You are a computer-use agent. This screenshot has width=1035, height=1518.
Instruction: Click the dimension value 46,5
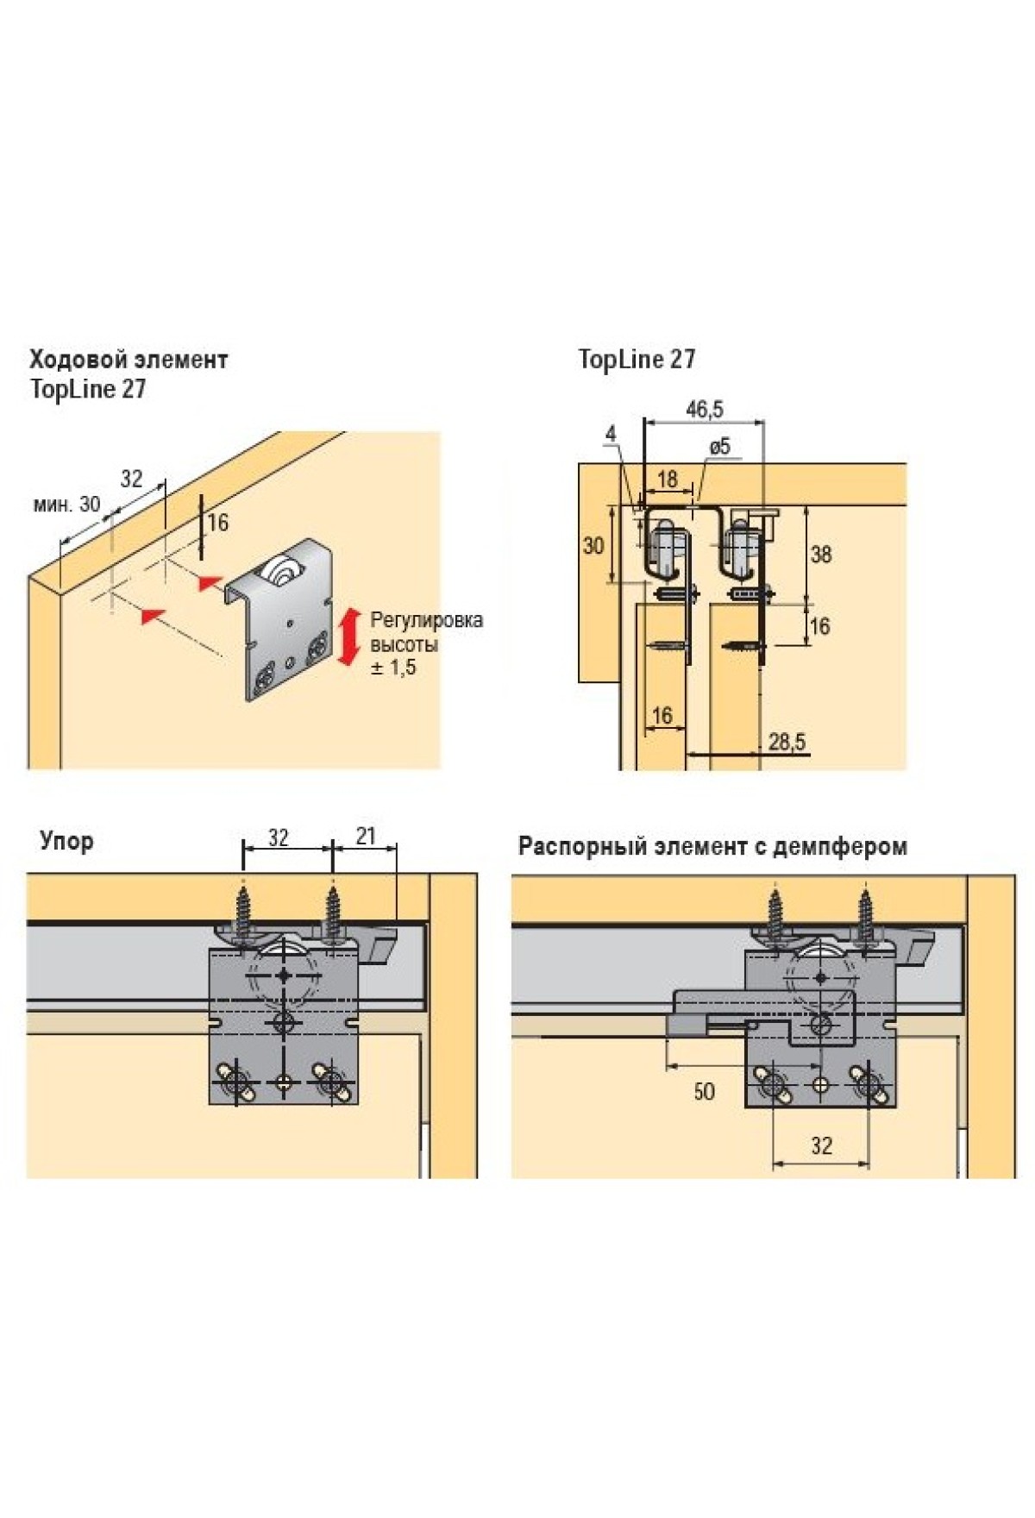704,410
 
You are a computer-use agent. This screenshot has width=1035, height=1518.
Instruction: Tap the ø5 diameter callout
719,446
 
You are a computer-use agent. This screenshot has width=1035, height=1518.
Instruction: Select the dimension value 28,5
787,741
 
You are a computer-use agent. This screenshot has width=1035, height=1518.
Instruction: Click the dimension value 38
820,555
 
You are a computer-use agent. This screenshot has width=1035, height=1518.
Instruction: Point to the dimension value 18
667,479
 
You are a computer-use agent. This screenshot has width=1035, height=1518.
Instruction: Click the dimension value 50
704,1091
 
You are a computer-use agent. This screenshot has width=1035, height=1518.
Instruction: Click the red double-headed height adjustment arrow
349,637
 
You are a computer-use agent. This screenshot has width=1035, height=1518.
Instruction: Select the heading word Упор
66,840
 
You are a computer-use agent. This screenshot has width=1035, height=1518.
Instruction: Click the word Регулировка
426,619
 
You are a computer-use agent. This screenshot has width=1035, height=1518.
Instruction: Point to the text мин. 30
66,504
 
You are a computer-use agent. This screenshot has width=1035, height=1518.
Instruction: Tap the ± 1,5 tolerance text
393,667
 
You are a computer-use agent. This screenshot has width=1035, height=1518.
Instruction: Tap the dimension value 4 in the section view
611,434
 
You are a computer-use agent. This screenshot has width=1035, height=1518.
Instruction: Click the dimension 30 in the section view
593,545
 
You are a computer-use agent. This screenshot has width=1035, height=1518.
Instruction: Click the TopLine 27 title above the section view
637,359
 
